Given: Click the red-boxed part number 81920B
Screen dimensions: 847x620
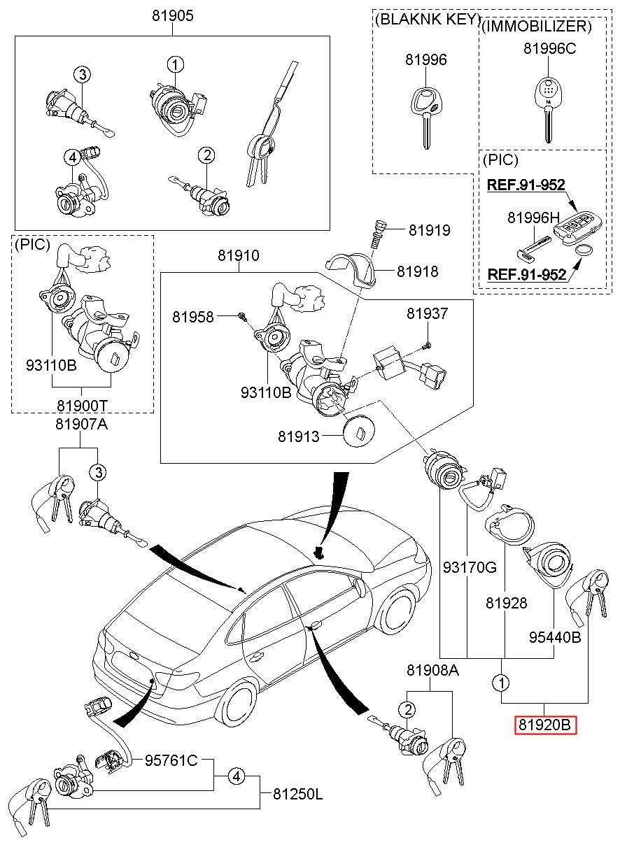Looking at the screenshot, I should [x=546, y=725].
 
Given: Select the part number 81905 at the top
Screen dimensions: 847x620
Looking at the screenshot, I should [x=173, y=15].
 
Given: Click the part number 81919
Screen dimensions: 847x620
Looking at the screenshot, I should [x=429, y=230].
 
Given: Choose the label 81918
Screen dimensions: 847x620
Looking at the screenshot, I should [x=418, y=271].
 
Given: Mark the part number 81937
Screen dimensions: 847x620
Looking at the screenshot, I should [x=427, y=315].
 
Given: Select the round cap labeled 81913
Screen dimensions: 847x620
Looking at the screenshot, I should [x=358, y=434].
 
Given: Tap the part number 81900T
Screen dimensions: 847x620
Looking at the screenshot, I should [x=83, y=406].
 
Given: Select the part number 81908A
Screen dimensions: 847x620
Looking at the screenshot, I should [x=432, y=671].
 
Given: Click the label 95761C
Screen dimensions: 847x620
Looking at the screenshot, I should [x=171, y=760].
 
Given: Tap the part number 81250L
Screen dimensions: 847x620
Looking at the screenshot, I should [x=298, y=794].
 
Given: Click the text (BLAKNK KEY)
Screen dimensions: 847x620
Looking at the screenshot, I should [x=427, y=19].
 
